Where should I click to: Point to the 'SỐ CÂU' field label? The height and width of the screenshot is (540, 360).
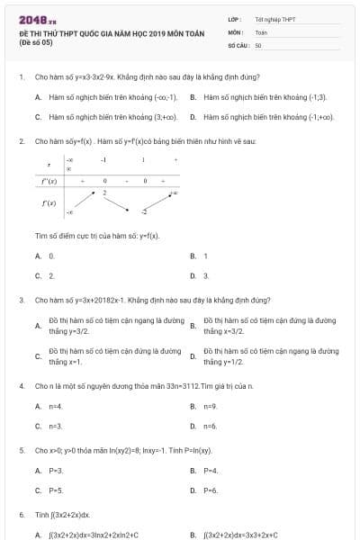[x=238, y=44]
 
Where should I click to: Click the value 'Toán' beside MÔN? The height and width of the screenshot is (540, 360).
[x=261, y=31]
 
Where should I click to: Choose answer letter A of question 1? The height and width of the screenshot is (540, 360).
[x=38, y=95]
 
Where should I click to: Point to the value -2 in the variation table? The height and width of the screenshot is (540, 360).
[x=143, y=211]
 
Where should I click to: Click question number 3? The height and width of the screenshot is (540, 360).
[x=21, y=300]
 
